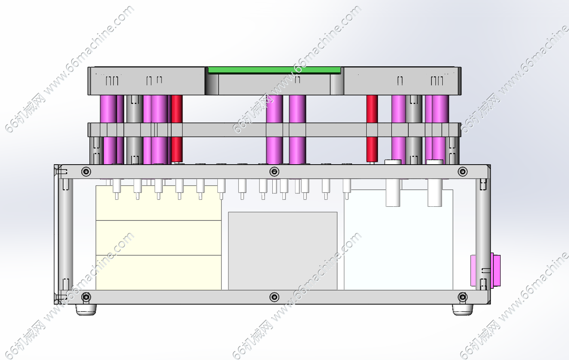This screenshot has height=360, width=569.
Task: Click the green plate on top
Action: (274, 70)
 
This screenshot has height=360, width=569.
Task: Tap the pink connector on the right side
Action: (495, 270)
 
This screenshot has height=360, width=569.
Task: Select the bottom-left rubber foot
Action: (86, 309)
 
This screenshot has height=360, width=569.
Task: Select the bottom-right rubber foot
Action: (463, 309)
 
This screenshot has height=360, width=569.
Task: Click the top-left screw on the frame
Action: (86, 172)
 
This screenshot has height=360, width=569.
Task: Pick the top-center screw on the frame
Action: (274, 172)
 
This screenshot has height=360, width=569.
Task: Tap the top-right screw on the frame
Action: (463, 172)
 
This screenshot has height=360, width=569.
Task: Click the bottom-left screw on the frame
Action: (86, 297)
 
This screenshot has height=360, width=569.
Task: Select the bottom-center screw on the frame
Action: (274, 297)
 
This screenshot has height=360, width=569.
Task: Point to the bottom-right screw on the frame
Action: (463, 297)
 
